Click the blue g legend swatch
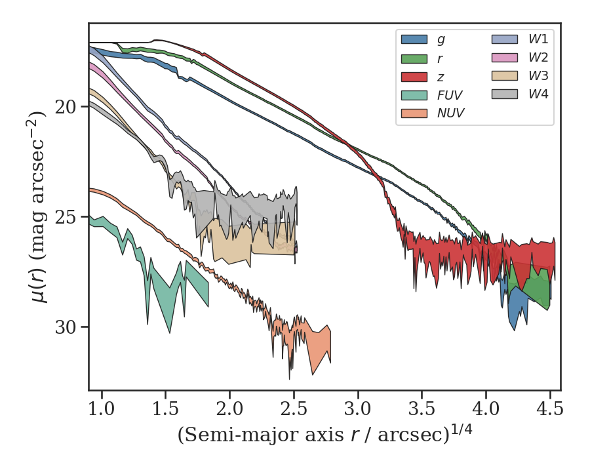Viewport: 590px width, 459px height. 414,39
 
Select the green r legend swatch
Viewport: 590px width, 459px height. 414,58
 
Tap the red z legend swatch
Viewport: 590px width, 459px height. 414,76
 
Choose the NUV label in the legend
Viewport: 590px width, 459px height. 450,113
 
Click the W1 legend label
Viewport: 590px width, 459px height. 538,39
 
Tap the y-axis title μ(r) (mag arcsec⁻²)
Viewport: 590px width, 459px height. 39,207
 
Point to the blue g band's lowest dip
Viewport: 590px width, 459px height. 514,329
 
